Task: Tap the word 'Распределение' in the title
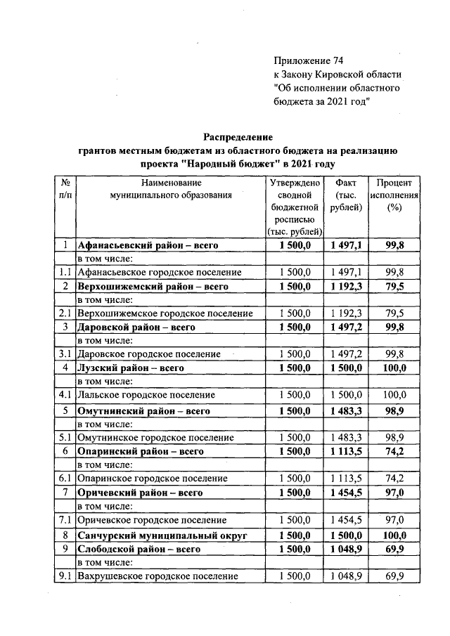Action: pos(238,136)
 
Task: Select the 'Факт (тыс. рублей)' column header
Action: pos(346,195)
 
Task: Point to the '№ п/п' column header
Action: pos(64,188)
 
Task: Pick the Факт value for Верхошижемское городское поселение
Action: pos(346,312)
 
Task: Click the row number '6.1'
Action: pos(64,478)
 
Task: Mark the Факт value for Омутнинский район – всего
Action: pos(346,410)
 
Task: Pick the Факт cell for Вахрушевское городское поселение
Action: pos(346,576)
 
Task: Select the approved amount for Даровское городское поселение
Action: pos(295,353)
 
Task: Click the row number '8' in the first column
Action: pos(64,534)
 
